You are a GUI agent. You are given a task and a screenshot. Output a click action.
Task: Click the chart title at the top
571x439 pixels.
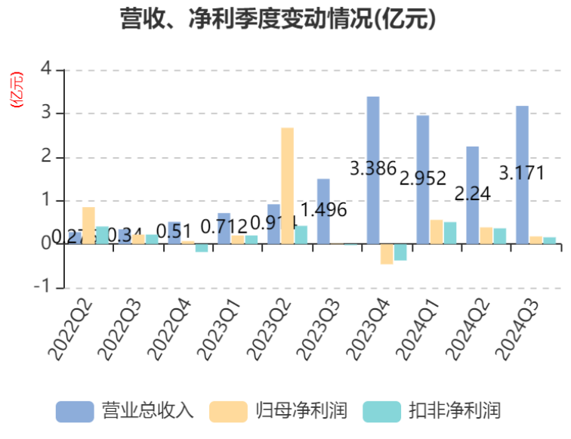(x=278, y=19)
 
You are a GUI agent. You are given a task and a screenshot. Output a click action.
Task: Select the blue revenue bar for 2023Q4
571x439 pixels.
(x=373, y=170)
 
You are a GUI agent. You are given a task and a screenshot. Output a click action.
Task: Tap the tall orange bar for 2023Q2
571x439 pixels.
(x=287, y=186)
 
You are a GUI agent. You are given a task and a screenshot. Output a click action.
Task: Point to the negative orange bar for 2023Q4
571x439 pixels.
(x=387, y=254)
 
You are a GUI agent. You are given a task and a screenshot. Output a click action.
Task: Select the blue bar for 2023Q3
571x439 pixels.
(x=323, y=212)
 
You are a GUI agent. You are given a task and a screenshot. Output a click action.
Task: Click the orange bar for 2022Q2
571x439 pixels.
(x=88, y=225)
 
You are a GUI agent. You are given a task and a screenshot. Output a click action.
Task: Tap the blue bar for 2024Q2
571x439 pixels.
(x=472, y=195)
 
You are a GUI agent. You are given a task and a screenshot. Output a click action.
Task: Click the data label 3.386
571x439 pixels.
(x=378, y=169)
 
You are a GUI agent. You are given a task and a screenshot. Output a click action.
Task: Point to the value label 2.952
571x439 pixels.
(x=423, y=179)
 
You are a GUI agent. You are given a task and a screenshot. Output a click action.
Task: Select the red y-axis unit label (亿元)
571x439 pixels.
(x=17, y=90)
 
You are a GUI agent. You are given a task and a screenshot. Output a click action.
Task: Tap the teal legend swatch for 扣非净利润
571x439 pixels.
(x=381, y=411)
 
